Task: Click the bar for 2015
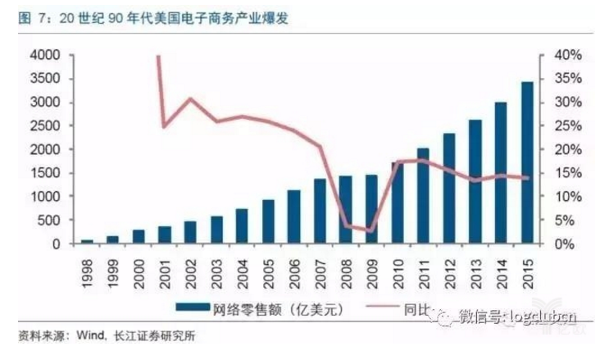tap(526, 163)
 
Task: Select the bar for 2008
tap(346, 210)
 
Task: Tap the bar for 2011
tap(423, 196)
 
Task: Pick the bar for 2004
tap(242, 226)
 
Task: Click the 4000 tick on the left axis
tap(44, 55)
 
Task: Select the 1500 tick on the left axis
tap(44, 173)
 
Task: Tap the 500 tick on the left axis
tap(48, 221)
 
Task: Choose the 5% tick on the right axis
tap(566, 221)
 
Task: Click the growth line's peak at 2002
tap(190, 99)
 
